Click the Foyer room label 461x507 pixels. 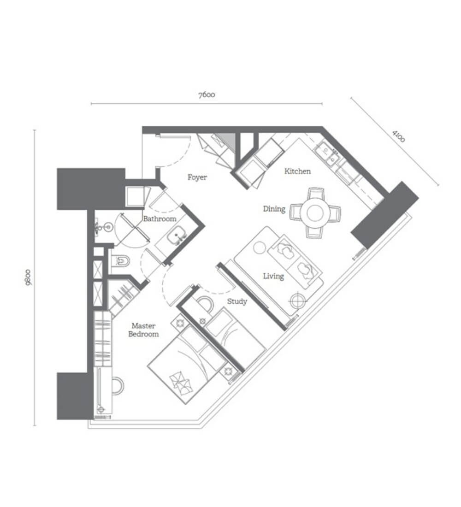click(197, 177)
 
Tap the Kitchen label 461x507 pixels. click(297, 171)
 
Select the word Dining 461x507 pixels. click(274, 209)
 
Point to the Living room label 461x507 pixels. click(273, 276)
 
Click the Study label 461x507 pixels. click(237, 302)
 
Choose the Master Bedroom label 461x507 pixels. click(144, 330)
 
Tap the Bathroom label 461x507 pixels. click(160, 219)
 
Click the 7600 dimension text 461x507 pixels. click(207, 95)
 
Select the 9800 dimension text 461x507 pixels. click(28, 277)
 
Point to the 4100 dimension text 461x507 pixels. click(398, 136)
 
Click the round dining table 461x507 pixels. click(315, 213)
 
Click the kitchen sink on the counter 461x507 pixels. click(327, 155)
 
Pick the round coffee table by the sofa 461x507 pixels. click(260, 248)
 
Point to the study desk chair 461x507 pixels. click(205, 303)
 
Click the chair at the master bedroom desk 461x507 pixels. click(118, 385)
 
